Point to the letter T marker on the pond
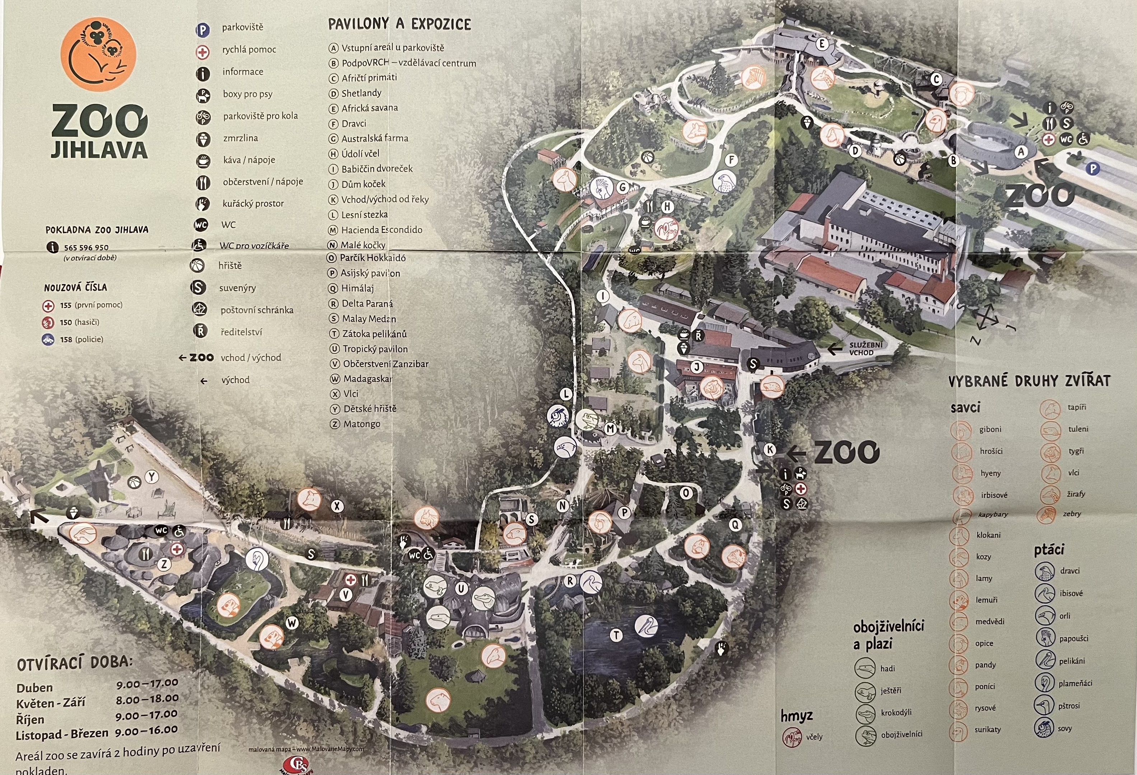pos(616,635)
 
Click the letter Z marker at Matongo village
pos(164,564)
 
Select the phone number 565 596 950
pos(86,248)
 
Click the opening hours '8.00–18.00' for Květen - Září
pos(147,699)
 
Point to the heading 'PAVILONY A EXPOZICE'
pos(399,24)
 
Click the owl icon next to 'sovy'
pos(1044,728)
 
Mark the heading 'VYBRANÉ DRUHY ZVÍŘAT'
pos(1029,381)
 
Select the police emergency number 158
pos(66,339)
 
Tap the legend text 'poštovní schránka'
pos(257,310)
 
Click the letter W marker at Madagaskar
pos(292,623)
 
